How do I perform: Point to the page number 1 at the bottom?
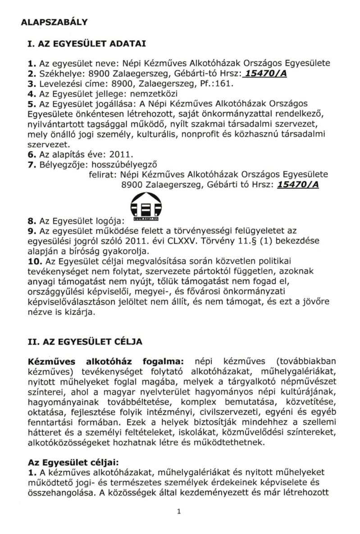tap(179, 512)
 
